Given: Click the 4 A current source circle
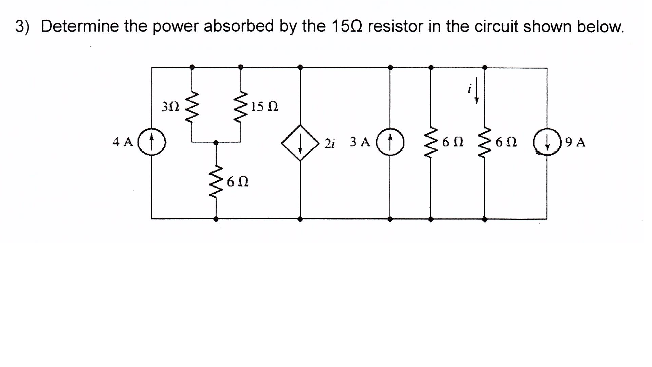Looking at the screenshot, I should pyautogui.click(x=152, y=142).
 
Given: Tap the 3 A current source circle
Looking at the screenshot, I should pyautogui.click(x=390, y=142).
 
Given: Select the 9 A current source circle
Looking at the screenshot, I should pyautogui.click(x=546, y=142).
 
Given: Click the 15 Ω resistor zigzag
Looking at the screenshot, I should pyautogui.click(x=241, y=107).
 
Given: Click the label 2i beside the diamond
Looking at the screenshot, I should pyautogui.click(x=329, y=143).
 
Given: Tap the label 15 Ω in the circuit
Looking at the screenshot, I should pyautogui.click(x=265, y=107).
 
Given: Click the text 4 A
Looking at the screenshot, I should pyautogui.click(x=123, y=142).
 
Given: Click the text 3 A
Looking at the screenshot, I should pyautogui.click(x=360, y=142).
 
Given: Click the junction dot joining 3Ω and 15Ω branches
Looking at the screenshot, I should pyautogui.click(x=216, y=142).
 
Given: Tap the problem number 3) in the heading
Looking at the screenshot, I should pyautogui.click(x=22, y=27).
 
